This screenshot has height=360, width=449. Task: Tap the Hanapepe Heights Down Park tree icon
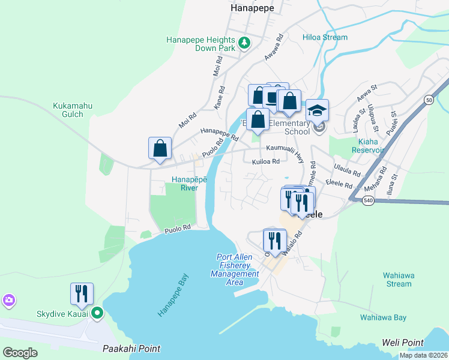coord(244,43)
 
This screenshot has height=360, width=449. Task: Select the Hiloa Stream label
coord(325,37)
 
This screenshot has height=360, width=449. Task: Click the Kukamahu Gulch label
coord(73,110)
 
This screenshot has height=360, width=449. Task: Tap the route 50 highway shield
coord(429,100)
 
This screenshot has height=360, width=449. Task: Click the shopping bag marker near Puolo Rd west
coord(160,148)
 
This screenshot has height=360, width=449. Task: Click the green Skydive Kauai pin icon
coord(97,313)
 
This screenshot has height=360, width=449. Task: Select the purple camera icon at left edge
coord(8,300)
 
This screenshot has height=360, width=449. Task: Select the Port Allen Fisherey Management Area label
coord(235,269)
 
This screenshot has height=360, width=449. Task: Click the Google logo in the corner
coord(20,352)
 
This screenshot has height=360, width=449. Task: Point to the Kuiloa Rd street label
coord(266,161)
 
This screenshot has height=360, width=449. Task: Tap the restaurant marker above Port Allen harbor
coord(274,241)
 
